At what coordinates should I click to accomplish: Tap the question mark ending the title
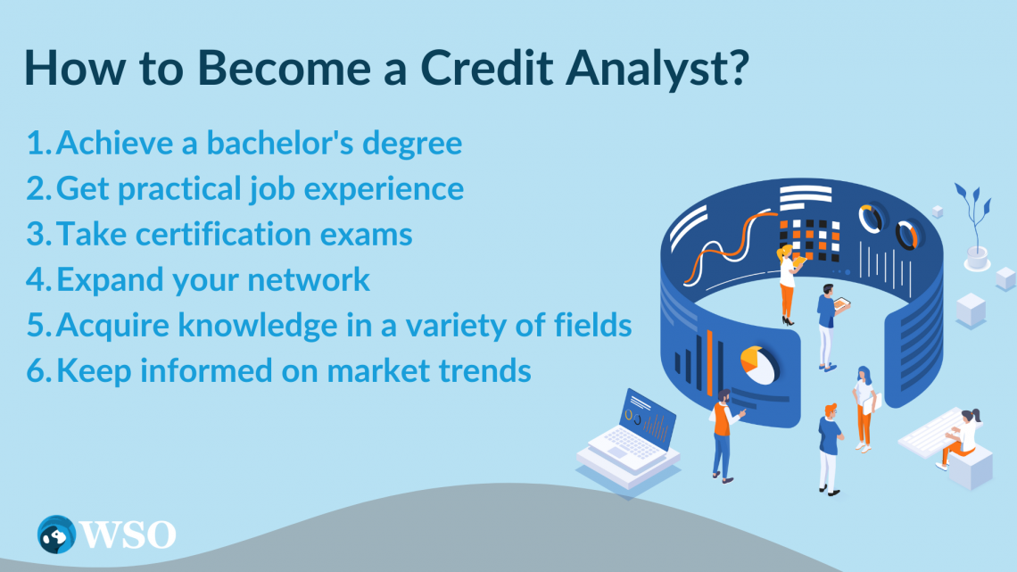pos(733,70)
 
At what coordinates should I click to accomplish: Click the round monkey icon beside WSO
pos(56,534)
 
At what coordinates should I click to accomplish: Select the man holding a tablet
pos(827,326)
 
